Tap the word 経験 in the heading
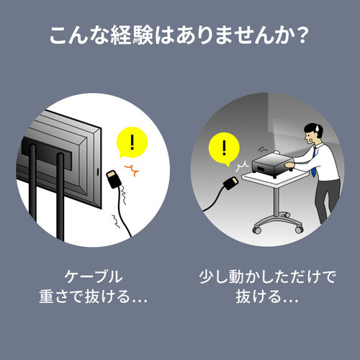132,35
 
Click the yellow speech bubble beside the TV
132,142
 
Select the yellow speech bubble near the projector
224,149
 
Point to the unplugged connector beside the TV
114,179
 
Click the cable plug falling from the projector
230,183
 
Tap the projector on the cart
273,163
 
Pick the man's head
312,133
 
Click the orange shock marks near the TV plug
132,170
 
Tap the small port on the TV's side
98,171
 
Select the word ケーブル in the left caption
94,276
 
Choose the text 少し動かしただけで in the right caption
267,276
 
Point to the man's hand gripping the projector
289,165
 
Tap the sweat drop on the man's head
318,129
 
